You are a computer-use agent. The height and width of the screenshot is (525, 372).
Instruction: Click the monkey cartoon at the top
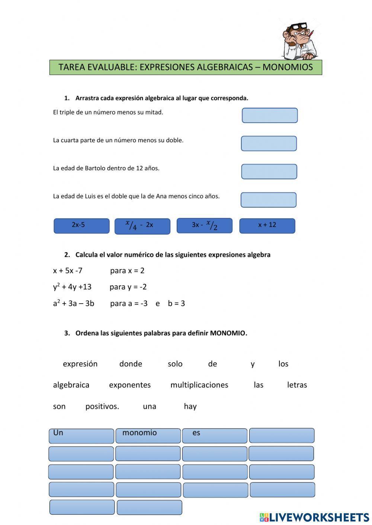299,41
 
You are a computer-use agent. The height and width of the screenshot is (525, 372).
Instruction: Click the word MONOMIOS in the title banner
288,67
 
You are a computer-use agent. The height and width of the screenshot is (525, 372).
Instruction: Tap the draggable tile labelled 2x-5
81,226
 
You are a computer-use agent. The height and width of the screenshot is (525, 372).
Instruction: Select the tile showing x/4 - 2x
142,226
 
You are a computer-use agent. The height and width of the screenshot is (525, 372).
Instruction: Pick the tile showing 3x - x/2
204,226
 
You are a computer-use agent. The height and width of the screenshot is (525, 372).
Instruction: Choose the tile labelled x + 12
267,226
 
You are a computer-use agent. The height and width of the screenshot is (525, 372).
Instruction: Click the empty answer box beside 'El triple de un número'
270,115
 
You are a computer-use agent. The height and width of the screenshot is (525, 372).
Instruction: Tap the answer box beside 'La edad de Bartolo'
269,171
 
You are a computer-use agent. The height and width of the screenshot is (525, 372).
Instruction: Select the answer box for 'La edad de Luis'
269,200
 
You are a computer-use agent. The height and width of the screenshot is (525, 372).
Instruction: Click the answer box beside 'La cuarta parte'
269,143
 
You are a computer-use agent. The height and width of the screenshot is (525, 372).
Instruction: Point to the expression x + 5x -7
68,270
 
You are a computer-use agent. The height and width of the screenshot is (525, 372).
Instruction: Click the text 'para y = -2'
128,287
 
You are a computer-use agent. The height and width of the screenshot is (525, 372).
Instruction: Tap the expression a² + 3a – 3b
73,303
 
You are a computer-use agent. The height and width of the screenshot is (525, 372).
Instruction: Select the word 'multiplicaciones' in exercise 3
199,385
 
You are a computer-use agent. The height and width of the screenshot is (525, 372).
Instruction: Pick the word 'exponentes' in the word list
130,385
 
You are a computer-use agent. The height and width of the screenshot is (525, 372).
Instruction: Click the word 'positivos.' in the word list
102,406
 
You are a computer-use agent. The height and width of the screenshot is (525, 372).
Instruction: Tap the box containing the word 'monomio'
148,435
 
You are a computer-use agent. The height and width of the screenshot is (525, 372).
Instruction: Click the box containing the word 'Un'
81,435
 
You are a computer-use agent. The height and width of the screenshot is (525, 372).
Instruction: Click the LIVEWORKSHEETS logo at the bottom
314,517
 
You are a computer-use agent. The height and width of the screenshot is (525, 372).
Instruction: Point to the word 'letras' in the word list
297,385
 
